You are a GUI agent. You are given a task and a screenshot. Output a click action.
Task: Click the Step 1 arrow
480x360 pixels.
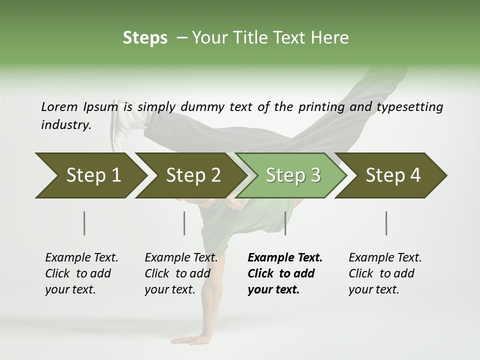point(93,175)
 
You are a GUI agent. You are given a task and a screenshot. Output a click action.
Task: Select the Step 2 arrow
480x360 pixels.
point(193,175)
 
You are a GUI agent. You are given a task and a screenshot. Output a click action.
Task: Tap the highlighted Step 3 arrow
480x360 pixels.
point(293,175)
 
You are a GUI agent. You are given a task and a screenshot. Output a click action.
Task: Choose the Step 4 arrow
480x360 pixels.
point(393,175)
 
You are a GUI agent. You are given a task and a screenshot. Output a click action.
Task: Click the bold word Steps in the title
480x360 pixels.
point(145,38)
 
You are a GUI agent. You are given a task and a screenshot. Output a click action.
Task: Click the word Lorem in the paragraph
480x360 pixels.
point(59,106)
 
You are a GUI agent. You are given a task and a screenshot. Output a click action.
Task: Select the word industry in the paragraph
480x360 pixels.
point(65,125)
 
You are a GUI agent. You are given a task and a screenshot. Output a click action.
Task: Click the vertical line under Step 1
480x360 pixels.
point(84,223)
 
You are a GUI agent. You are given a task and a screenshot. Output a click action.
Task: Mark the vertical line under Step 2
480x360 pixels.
point(184,223)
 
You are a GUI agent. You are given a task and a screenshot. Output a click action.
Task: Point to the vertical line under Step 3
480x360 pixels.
point(285,223)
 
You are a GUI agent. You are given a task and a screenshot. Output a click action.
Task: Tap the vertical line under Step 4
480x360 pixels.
point(386,223)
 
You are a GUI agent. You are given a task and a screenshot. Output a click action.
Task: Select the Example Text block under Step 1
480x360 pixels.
point(81,273)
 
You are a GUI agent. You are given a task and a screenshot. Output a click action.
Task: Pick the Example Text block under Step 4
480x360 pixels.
point(384,273)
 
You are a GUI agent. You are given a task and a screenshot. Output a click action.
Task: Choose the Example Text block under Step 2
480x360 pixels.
point(180,273)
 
